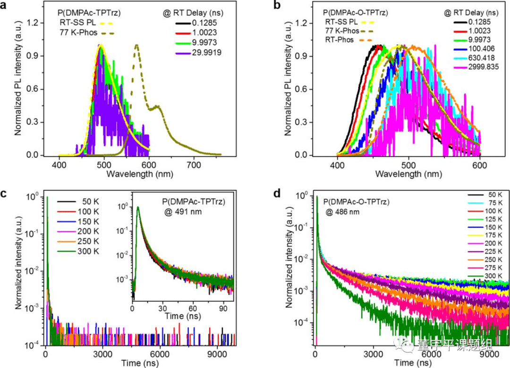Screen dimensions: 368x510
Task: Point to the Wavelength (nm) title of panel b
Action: point(409,174)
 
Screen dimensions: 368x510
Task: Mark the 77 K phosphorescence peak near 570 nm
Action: point(137,46)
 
